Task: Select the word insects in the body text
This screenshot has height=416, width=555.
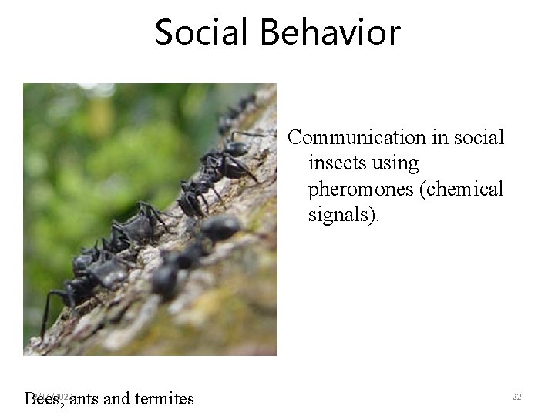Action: tap(336, 163)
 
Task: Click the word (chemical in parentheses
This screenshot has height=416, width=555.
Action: tap(462, 189)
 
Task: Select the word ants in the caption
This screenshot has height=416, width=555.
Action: tap(84, 398)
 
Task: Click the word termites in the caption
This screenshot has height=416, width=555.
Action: tap(164, 398)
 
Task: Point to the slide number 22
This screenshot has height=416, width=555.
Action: tap(516, 397)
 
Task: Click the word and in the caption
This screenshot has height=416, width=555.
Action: tap(116, 398)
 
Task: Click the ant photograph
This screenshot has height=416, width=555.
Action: tap(150, 220)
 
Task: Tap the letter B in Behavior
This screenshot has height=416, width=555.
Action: tap(271, 32)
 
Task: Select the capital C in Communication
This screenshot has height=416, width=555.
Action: tap(295, 138)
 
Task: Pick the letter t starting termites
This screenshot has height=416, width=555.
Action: tap(137, 398)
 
